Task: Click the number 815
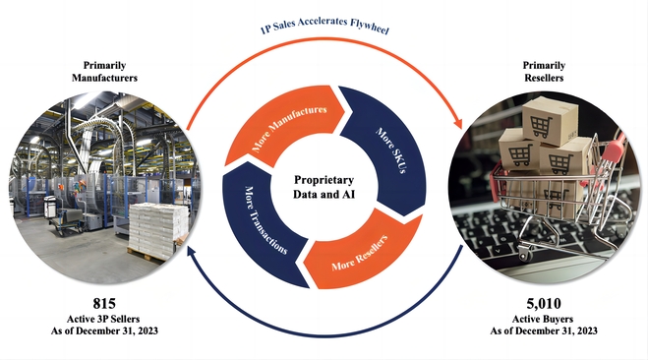tap(104, 304)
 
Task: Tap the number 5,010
tap(544, 304)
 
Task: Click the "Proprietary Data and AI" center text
tap(324, 187)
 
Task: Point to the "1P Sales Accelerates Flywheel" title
tap(324, 26)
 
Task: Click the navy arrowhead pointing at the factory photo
tap(192, 250)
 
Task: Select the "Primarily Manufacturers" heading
tap(104, 72)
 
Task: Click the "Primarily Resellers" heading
tap(544, 72)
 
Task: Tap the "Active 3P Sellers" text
tap(103, 319)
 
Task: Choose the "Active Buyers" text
tap(543, 319)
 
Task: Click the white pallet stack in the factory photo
tap(158, 229)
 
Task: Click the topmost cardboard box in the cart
tap(550, 119)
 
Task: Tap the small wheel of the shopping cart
tap(525, 252)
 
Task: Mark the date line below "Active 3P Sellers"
tap(104, 331)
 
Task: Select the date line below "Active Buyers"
tap(544, 331)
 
